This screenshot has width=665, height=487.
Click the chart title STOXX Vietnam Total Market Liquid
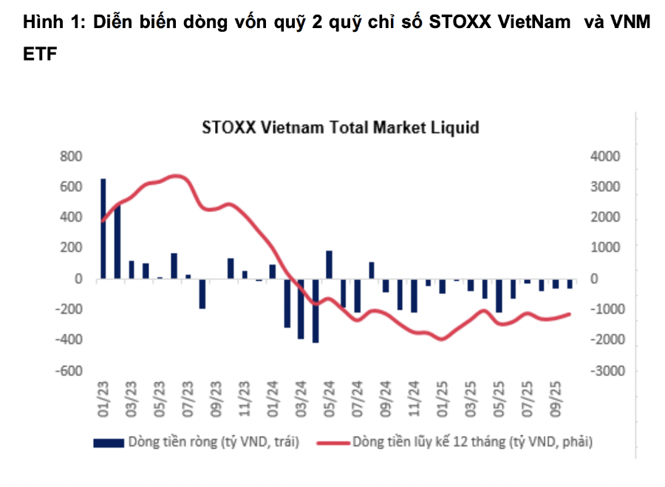(341, 127)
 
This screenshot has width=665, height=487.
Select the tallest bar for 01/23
(103, 228)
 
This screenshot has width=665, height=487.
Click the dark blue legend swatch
(108, 443)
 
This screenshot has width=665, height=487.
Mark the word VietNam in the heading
(531, 23)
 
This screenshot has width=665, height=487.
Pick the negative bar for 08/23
(202, 293)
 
